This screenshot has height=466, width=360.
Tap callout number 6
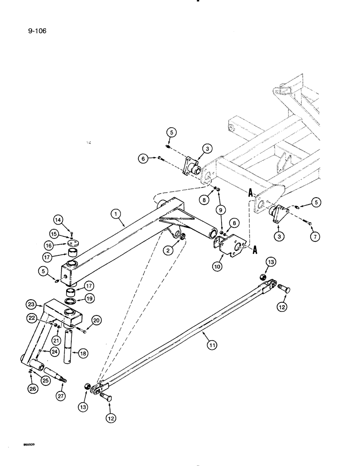pos(143,159)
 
